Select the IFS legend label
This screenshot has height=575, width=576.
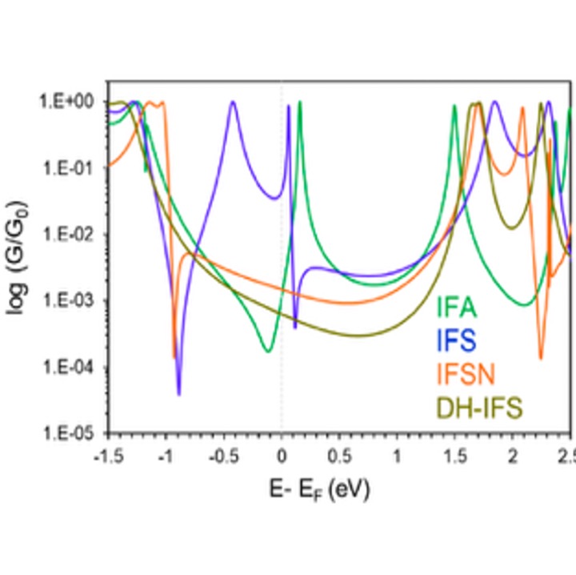tap(457, 340)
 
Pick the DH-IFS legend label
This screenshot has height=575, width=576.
tap(478, 408)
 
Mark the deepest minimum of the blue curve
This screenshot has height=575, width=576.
tap(178, 393)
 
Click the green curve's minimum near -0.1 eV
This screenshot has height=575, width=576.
tap(267, 351)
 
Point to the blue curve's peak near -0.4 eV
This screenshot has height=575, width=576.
tap(233, 102)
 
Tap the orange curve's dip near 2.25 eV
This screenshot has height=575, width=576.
tap(541, 357)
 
